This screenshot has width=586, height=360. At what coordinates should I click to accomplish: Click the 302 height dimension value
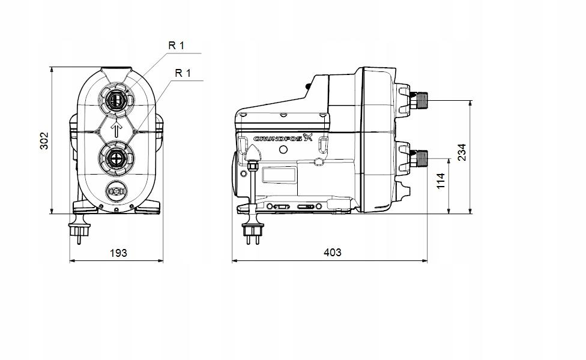pyautogui.click(x=44, y=140)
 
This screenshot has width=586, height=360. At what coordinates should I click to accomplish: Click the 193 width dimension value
pyautogui.click(x=118, y=253)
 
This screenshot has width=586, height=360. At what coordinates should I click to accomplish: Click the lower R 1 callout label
pyautogui.click(x=183, y=73)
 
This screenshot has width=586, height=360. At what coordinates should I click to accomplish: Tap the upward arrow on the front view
pyautogui.click(x=117, y=128)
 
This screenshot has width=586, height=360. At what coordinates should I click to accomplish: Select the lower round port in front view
pyautogui.click(x=117, y=159)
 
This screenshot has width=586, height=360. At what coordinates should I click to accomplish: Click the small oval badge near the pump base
pyautogui.click(x=116, y=191)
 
